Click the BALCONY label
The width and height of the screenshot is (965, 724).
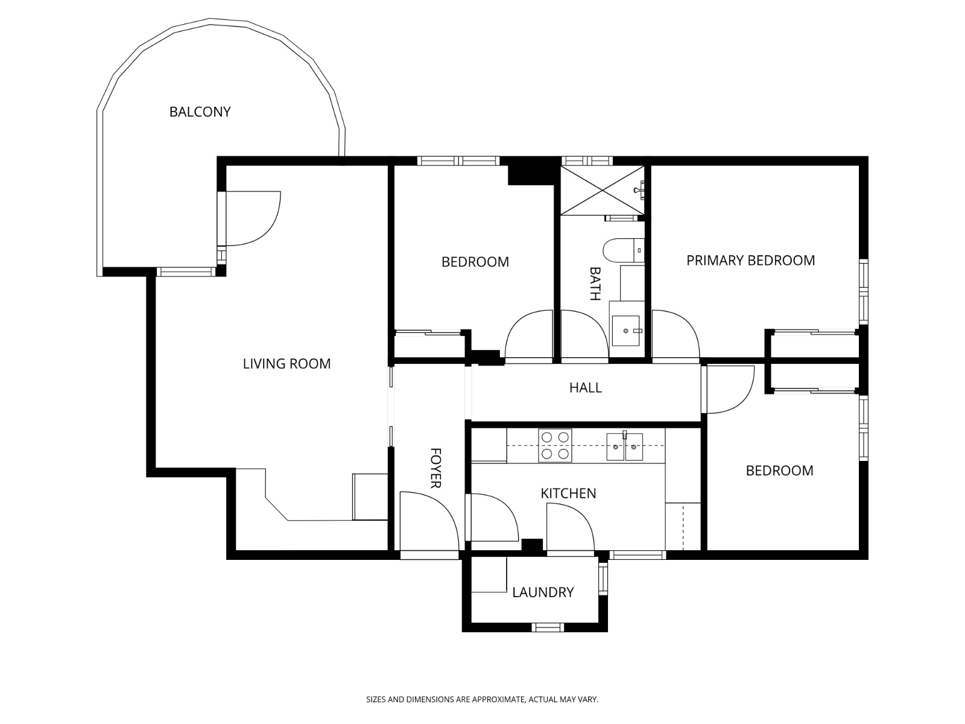click(200, 112)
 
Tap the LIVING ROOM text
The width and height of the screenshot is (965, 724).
click(286, 364)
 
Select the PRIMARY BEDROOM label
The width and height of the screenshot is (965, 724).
click(750, 260)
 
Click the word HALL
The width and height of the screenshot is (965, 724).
click(585, 387)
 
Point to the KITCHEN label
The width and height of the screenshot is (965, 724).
click(568, 493)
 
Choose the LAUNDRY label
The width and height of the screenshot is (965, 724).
click(543, 592)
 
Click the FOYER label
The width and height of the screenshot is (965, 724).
click(435, 468)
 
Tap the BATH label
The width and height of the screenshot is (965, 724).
click(595, 284)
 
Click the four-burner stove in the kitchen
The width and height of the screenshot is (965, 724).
click(555, 445)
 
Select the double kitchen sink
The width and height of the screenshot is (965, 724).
click(624, 446)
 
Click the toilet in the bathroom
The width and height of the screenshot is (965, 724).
click(621, 250)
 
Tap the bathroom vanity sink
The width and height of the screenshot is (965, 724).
click(626, 331)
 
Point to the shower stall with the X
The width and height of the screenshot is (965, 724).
click(603, 189)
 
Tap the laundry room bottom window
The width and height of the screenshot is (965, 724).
click(548, 627)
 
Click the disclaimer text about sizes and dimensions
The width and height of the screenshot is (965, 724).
click(482, 699)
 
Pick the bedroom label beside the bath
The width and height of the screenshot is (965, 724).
click(475, 262)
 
